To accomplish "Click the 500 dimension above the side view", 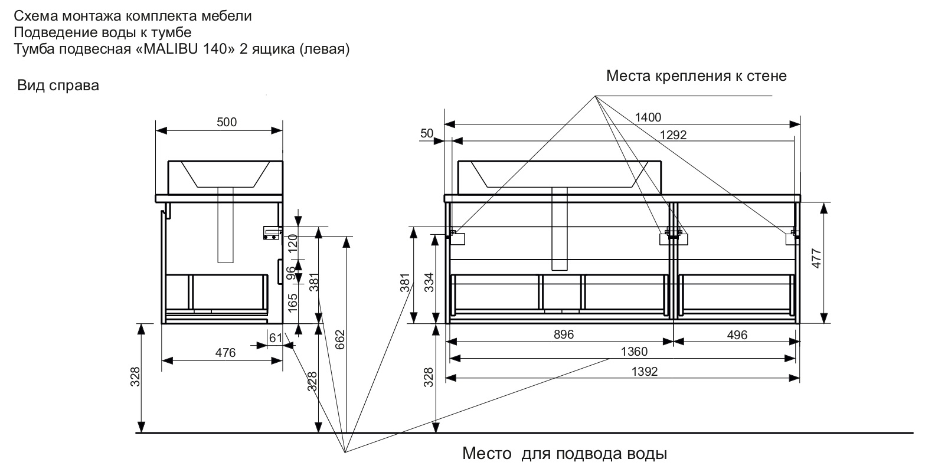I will (x=226, y=122).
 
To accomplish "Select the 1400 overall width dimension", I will (x=648, y=117).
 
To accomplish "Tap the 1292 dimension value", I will (x=674, y=135).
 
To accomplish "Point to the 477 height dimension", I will (x=816, y=258).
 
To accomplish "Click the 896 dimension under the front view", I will (x=564, y=334).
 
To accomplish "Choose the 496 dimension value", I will (x=736, y=334).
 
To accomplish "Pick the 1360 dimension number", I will (x=635, y=352).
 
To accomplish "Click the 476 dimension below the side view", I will (x=225, y=353).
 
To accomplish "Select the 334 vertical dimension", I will (x=429, y=283).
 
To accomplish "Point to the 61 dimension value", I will (x=275, y=338).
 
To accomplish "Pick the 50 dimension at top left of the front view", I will (x=427, y=133).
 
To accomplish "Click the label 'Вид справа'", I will (x=58, y=86).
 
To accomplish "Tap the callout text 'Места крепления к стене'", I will (x=697, y=76).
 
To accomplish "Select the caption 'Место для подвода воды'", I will (x=564, y=454).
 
